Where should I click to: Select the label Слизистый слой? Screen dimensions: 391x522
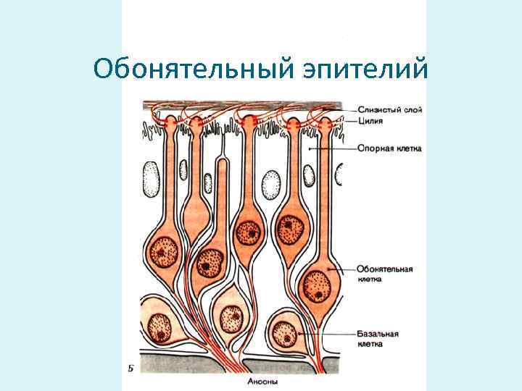(x=389, y=109)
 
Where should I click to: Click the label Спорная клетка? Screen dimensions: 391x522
(x=389, y=148)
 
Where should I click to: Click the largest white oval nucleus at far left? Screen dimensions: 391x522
(x=152, y=177)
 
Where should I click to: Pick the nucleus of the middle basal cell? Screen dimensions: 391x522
(x=232, y=316)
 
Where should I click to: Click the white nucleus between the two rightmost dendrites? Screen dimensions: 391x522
(x=310, y=175)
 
